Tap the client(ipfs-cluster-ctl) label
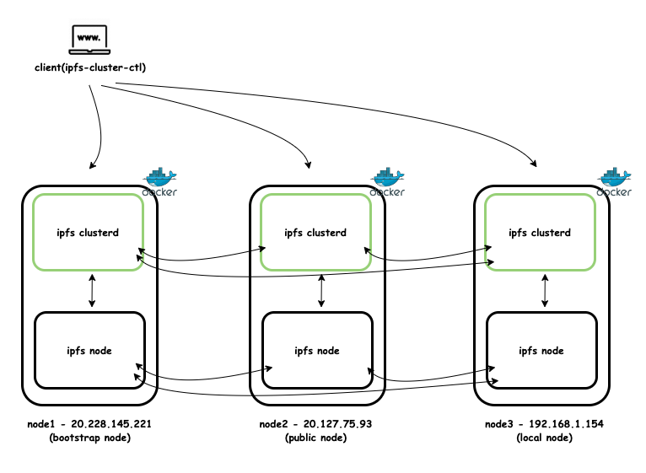[x=90, y=68]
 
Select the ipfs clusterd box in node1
[x=88, y=232]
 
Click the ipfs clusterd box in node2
[x=315, y=233]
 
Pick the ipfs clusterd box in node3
[x=540, y=233]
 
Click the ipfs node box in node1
[x=89, y=350]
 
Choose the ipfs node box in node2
[x=316, y=350]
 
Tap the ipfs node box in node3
[x=541, y=350]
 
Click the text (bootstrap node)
[x=89, y=438]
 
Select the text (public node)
[x=315, y=438]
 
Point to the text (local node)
[x=544, y=438]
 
